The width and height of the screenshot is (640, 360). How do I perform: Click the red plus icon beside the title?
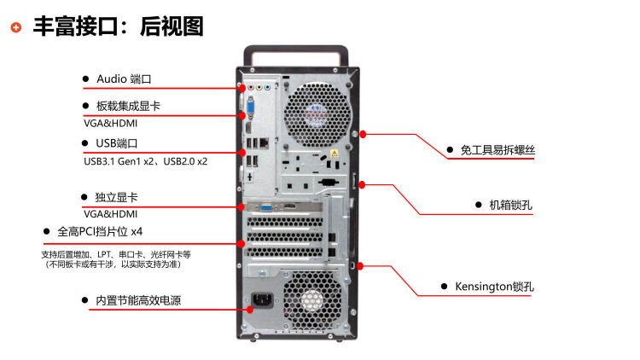pos(16,27)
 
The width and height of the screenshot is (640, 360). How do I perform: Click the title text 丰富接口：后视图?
pos(118,26)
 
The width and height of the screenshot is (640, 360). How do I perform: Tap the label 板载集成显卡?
pos(128,106)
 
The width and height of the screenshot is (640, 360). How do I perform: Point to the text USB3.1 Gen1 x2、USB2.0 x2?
pos(145,160)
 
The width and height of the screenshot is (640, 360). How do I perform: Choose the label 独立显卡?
pos(116,198)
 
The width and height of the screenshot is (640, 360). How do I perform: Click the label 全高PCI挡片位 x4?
pos(100,231)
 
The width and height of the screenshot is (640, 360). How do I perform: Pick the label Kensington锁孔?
pos(494,287)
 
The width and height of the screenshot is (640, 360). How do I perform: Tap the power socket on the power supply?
pos(261,301)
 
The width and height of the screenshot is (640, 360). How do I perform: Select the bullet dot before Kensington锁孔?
pos(444,287)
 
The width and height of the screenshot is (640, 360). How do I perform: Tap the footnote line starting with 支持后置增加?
pos(116,254)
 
